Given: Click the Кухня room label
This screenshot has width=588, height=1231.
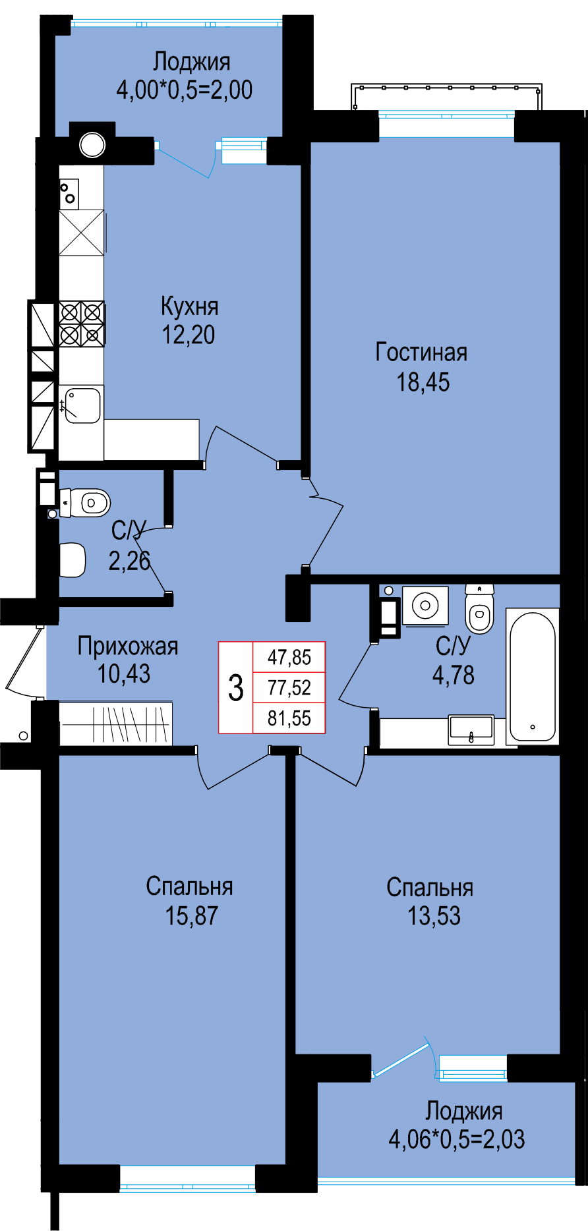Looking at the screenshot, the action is click(x=189, y=306).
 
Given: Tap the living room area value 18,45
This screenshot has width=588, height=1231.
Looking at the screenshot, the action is click(x=423, y=382).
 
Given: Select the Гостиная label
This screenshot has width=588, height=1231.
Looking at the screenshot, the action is click(x=421, y=353).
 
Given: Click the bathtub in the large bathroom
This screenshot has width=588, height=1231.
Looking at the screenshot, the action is click(x=532, y=677).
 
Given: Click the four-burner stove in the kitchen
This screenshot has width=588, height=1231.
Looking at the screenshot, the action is click(x=82, y=324).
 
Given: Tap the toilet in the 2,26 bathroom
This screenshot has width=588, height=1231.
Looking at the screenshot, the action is click(x=85, y=503).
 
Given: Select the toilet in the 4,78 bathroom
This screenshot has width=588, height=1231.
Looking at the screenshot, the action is click(x=479, y=609).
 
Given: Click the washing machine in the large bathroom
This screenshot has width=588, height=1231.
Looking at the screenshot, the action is click(x=425, y=605).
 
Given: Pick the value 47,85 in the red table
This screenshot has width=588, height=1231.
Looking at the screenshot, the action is click(x=289, y=657).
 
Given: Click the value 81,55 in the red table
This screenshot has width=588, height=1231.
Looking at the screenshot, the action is click(x=289, y=718).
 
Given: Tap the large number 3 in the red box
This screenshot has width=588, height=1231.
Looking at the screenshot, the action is click(x=235, y=687).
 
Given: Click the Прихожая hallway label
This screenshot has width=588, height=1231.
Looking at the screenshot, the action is click(x=128, y=646).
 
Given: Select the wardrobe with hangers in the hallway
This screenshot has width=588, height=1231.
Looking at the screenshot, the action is click(x=116, y=724).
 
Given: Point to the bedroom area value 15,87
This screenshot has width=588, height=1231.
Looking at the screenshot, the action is click(x=191, y=915).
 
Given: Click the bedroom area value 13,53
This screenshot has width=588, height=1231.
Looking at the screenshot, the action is click(x=434, y=915).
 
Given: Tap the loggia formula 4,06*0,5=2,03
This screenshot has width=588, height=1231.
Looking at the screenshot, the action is click(x=457, y=1138).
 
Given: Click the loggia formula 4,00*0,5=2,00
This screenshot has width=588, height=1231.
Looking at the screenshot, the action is click(x=185, y=90).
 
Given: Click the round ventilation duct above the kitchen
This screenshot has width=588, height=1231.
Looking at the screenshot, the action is click(x=92, y=145).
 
